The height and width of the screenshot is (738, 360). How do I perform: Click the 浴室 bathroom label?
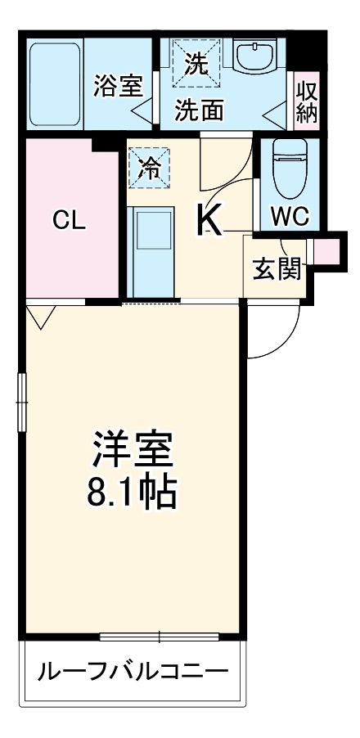(119, 84)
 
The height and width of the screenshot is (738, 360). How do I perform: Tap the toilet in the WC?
(289, 169)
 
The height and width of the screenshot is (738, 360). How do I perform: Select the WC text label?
(290, 217)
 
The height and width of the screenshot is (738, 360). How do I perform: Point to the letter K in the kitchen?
(209, 218)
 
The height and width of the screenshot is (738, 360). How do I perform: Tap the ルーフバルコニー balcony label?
(132, 673)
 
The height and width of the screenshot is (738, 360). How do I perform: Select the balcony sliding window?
(160, 636)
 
